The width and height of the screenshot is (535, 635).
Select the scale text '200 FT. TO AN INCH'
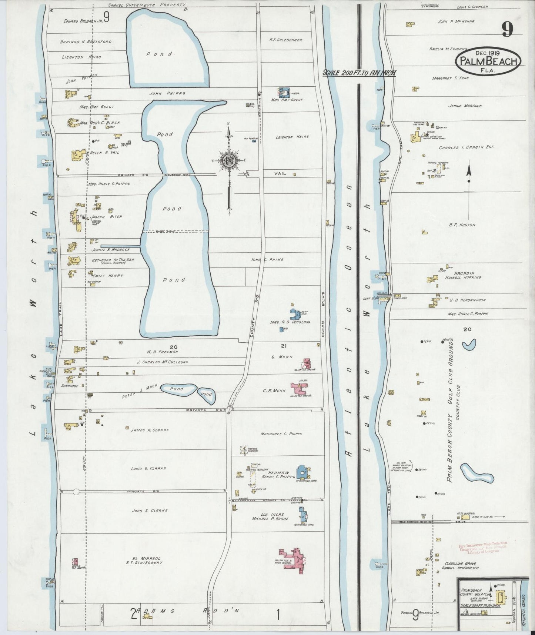pos(358,73)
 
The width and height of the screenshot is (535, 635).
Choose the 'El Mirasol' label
pos(138,558)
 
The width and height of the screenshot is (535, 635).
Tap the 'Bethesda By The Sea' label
pos(108,260)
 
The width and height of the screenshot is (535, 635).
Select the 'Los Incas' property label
pos(272,514)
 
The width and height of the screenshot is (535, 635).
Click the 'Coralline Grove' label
pos(458,564)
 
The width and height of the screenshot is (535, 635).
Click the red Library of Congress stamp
pos(482,547)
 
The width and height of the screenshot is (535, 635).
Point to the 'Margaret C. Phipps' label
pos(281,434)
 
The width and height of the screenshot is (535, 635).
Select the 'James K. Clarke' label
pos(150,430)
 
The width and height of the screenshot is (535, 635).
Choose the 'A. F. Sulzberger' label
pos(286,40)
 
